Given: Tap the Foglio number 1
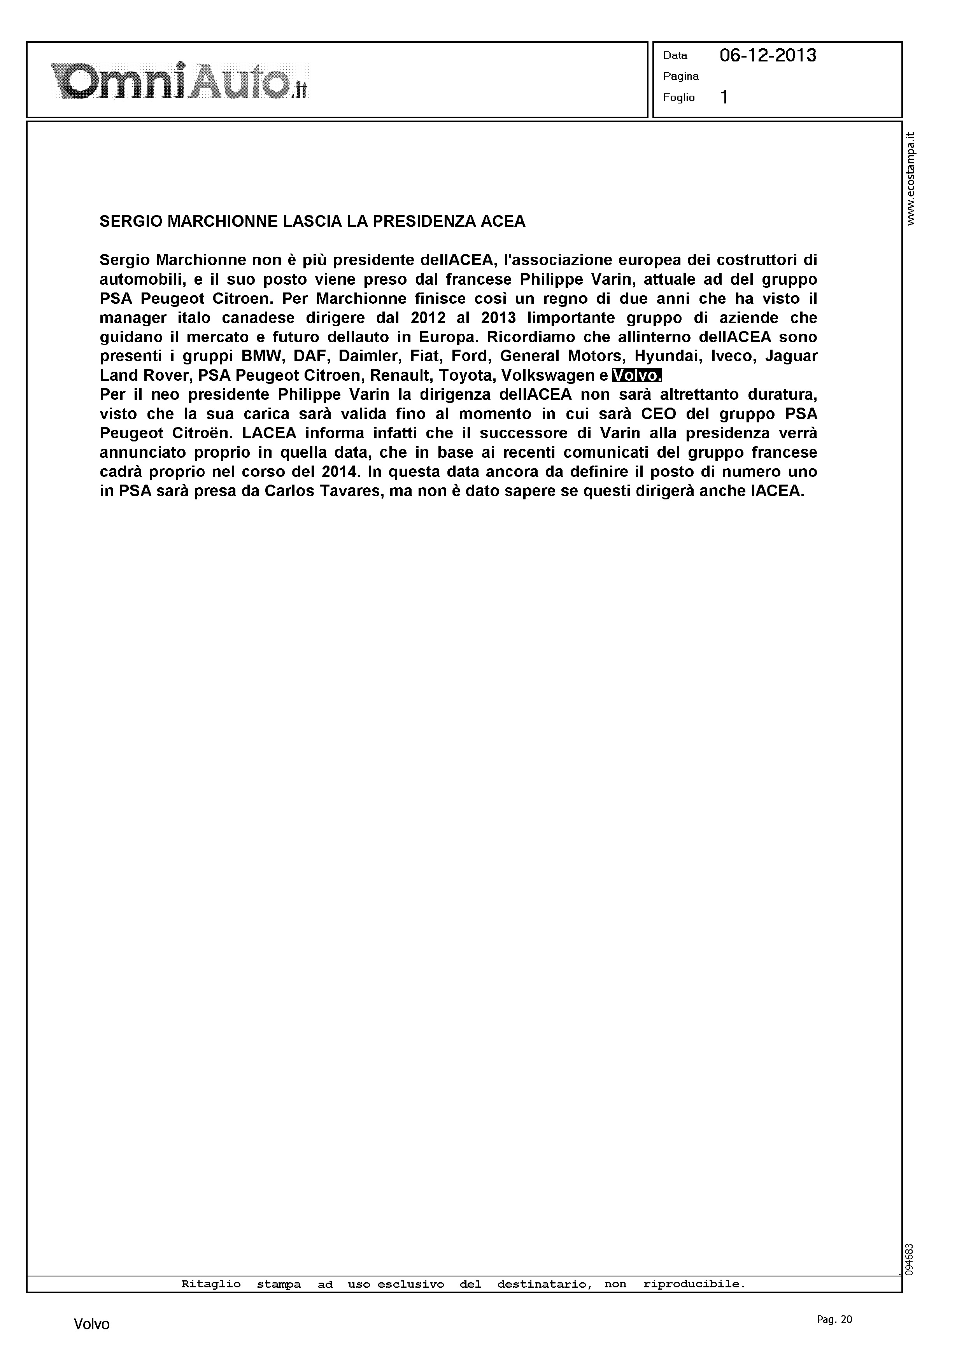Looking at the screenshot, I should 724,97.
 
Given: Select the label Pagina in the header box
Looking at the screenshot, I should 681,77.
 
